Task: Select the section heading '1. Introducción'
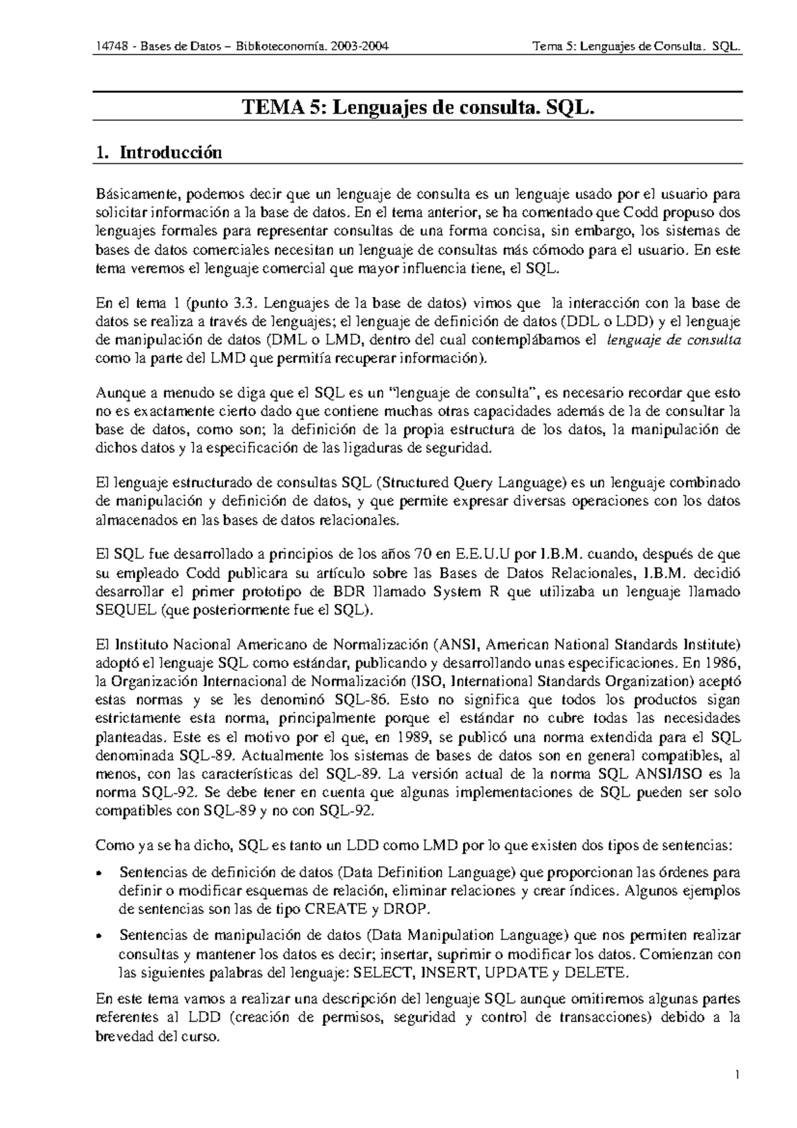(x=158, y=153)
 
